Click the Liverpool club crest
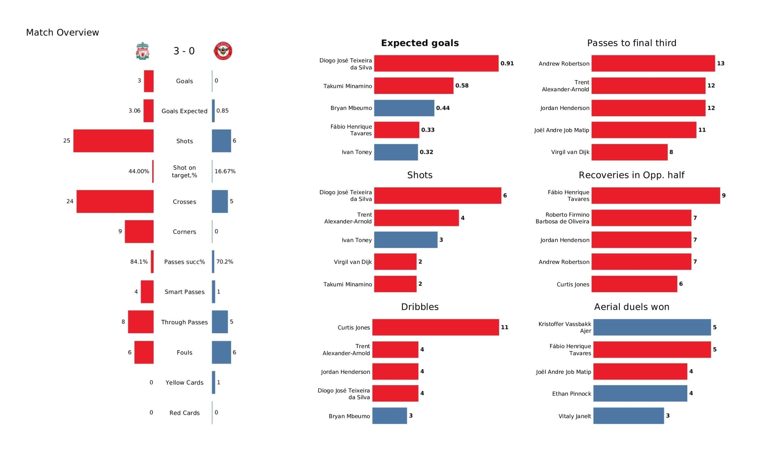(x=143, y=51)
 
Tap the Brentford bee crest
(x=223, y=51)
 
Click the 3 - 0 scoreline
(x=184, y=51)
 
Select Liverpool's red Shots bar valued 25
(x=114, y=141)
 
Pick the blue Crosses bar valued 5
(x=220, y=202)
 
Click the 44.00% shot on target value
(x=139, y=171)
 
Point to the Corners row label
(x=184, y=232)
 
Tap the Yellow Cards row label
(x=184, y=383)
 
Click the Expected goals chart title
(x=420, y=43)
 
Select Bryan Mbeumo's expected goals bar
(x=404, y=108)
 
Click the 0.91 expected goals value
(x=507, y=63)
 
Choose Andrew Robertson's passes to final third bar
(x=653, y=63)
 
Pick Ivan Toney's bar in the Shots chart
(x=406, y=240)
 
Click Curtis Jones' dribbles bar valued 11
(x=436, y=327)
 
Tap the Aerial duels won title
(x=632, y=307)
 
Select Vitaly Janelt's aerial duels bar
(x=629, y=416)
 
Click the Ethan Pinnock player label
(x=572, y=394)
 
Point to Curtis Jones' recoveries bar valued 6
(x=634, y=284)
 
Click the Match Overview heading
(x=63, y=33)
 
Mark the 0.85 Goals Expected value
(x=223, y=111)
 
